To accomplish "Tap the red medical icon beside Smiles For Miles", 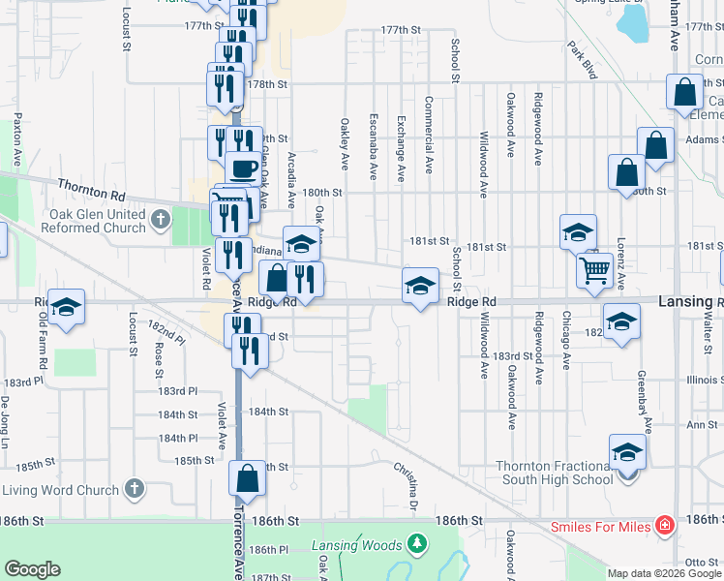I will (x=664, y=527).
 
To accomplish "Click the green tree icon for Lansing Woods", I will (x=417, y=544).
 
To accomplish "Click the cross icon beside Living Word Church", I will (x=135, y=488).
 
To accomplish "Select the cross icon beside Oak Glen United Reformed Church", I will (x=162, y=222).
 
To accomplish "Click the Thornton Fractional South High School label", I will (x=554, y=473).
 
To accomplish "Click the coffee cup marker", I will (x=241, y=169).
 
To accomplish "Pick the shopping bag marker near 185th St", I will (x=247, y=477).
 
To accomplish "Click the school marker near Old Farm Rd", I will (x=66, y=306).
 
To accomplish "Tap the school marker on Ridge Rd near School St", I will (x=420, y=285).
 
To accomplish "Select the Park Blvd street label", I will (x=585, y=60).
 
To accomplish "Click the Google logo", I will (x=32, y=569).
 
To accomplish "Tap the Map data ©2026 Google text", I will (x=663, y=573).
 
